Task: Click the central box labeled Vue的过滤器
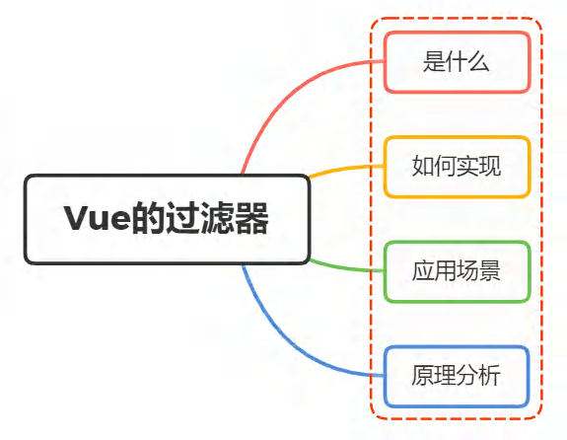pos(167,219)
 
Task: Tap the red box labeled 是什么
pos(458,62)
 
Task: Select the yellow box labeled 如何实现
pos(458,167)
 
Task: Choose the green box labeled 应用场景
pos(458,271)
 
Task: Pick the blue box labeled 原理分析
pos(458,376)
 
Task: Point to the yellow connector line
pos(345,169)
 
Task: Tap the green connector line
pos(345,267)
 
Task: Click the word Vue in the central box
pos(97,218)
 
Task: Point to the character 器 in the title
pos(251,218)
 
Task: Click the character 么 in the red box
pos(479,61)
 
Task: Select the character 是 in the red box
pos(434,61)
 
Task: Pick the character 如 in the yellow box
pos(423,166)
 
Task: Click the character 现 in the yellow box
pos(490,166)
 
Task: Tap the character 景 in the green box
pos(490,270)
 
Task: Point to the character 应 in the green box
pos(423,270)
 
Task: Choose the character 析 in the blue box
pos(490,375)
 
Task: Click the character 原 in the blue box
pos(423,375)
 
